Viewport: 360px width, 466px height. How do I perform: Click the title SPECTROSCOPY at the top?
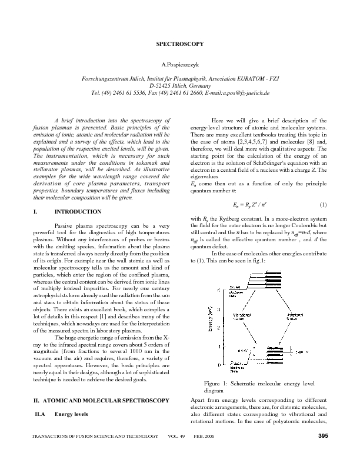180,44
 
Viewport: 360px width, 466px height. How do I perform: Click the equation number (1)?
322,205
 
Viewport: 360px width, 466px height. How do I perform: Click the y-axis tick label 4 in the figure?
218,291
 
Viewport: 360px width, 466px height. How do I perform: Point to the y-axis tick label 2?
218,327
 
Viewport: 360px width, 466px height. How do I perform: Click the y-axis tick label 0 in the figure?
218,365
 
